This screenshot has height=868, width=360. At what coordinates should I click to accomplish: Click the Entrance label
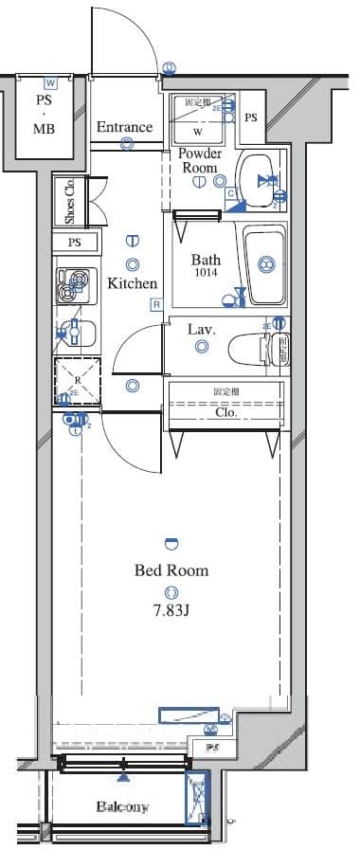124,127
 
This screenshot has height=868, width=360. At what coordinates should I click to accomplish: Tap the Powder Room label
201,160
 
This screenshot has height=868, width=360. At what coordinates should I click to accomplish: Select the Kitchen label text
132,283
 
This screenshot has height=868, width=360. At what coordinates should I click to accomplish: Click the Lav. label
202,330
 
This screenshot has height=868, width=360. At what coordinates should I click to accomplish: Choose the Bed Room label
171,570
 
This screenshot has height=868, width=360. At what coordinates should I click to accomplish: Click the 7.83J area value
171,609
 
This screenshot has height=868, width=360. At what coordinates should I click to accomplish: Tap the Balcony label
123,807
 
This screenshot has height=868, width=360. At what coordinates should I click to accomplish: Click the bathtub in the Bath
264,264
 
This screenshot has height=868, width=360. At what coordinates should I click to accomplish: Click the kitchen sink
74,334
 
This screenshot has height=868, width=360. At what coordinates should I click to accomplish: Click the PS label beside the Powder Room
250,118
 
